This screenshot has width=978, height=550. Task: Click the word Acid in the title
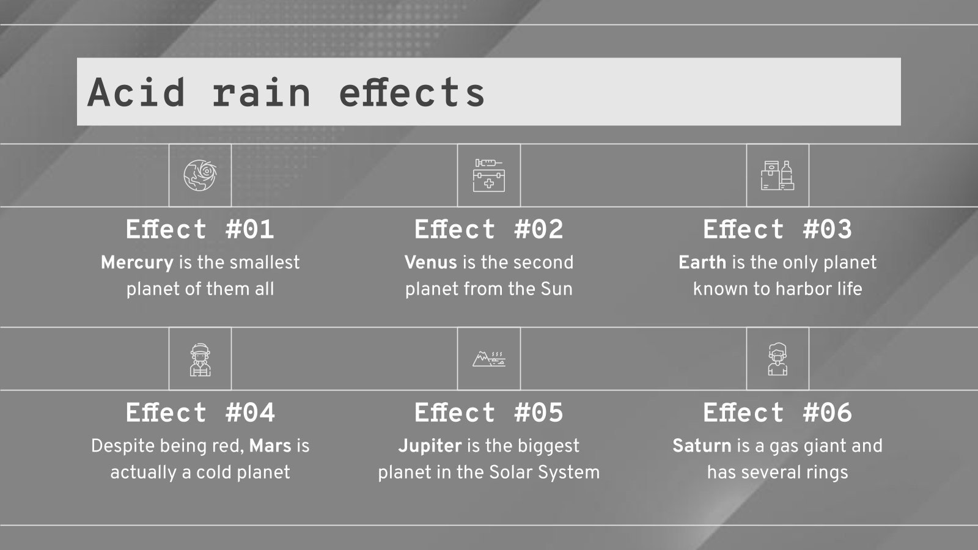pos(136,92)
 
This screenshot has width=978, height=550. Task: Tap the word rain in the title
pos(262,92)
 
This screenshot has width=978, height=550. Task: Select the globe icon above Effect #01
pos(200,175)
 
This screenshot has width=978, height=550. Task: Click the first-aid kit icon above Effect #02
pos(489,175)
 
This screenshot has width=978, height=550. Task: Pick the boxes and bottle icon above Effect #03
pos(778,175)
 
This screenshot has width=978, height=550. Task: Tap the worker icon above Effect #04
pos(200,359)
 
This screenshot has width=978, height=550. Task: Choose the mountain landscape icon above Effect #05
pos(489,358)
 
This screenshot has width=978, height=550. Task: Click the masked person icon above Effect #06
pos(778,359)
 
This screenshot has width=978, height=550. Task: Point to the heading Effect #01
pos(200,230)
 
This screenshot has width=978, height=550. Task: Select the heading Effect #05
pos(489,413)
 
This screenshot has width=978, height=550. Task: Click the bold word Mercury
pos(137,263)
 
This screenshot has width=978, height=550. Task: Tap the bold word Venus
pos(430,263)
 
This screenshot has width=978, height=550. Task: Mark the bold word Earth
pos(702,263)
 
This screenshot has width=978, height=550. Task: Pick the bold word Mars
pos(270,446)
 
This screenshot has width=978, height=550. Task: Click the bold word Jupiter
pos(430,446)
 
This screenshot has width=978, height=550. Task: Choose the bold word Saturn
pos(702,446)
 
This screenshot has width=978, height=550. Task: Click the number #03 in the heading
pos(827,230)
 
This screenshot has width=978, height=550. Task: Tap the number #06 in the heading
pos(827,413)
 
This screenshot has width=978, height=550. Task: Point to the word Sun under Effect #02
pos(556,289)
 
